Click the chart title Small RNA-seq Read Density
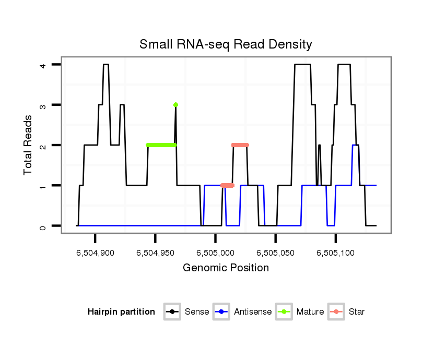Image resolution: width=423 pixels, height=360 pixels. pyautogui.click(x=226, y=44)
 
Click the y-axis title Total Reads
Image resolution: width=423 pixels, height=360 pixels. pyautogui.click(x=29, y=145)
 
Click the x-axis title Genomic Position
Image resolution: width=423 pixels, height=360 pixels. pyautogui.click(x=226, y=268)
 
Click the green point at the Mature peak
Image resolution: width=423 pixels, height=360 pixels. pyautogui.click(x=175, y=105)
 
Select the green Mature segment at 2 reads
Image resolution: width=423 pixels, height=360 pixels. pyautogui.click(x=161, y=145)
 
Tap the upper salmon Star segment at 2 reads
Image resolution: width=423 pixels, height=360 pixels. pyautogui.click(x=240, y=145)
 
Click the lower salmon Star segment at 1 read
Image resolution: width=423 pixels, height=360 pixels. pyautogui.click(x=227, y=185)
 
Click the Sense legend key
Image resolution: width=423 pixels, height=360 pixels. pyautogui.click(x=172, y=312)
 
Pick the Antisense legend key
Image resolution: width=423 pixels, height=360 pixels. pyautogui.click(x=222, y=312)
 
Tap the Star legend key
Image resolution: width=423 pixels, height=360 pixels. pyautogui.click(x=336, y=312)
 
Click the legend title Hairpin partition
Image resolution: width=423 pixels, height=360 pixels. pyautogui.click(x=121, y=312)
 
